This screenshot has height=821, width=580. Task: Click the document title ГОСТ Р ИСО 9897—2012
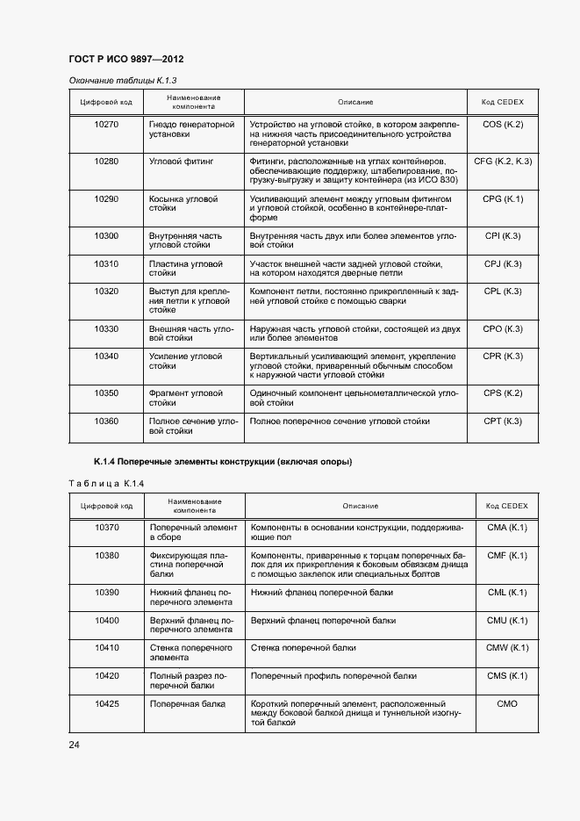coord(125,60)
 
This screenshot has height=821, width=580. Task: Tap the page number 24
coord(73,745)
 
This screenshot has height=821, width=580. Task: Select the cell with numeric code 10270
coord(106,125)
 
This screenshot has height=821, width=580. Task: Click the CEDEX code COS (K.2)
coord(503,125)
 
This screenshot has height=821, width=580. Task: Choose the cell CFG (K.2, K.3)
coord(503,162)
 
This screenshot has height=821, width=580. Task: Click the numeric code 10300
coord(106,236)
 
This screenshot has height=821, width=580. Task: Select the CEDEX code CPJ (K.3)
coord(503,264)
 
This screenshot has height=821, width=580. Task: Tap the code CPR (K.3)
coord(503,356)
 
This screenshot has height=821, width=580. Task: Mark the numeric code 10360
coord(106,421)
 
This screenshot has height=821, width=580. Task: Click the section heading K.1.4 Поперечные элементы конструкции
coord(223,461)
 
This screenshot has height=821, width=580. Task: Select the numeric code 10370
coord(106,528)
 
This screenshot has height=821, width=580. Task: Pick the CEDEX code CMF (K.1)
coord(507,556)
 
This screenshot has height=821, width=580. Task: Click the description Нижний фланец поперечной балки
coord(322,593)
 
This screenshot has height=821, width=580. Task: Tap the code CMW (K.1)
coord(507,648)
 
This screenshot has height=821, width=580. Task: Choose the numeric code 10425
coord(106,704)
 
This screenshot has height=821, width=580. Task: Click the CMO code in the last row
coord(507,704)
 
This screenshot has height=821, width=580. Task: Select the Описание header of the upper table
coord(355,102)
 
